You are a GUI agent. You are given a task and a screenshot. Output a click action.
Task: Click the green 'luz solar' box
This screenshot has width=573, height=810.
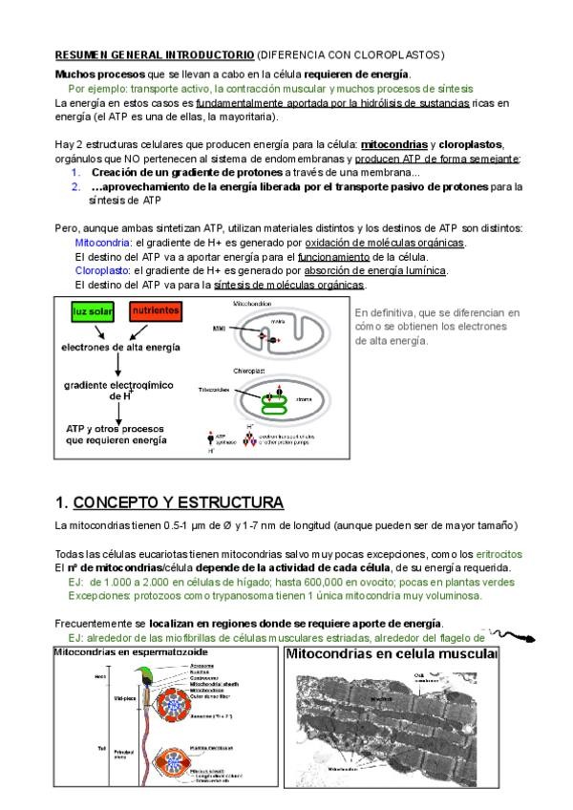[94, 312]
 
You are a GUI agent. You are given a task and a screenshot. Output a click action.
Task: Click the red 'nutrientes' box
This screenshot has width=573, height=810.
[155, 312]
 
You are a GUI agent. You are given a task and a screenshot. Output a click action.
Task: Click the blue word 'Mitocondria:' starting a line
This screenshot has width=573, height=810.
[102, 244]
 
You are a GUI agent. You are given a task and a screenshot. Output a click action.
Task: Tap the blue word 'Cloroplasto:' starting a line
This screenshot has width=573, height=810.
[102, 271]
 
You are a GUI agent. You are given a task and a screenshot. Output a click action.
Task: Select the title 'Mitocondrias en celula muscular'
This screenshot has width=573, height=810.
[392, 655]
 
